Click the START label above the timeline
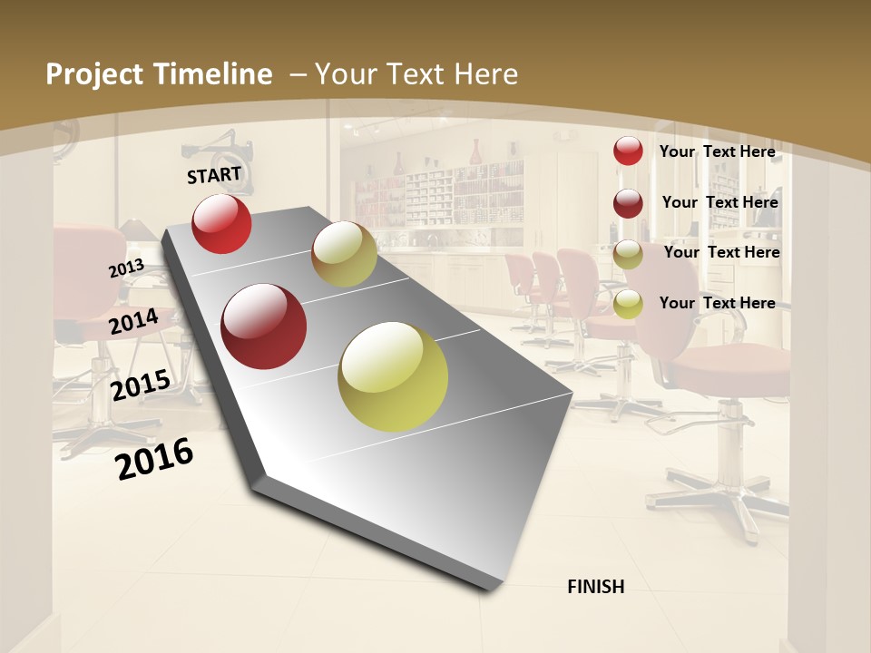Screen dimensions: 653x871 pos(214,174)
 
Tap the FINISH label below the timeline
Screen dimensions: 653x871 pos(596,587)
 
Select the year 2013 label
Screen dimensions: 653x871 pos(126,268)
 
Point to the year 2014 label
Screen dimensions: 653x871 pos(133,321)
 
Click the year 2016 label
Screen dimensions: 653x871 pos(154,458)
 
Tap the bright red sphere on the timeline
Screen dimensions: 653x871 pos(221,223)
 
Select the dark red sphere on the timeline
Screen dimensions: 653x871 pos(263,326)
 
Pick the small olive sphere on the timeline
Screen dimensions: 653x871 pos(344,254)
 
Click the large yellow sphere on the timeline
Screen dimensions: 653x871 pos(393,376)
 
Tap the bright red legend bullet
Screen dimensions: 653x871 pos(628,151)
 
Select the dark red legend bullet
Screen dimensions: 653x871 pos(628,203)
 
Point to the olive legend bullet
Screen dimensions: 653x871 pos(628,254)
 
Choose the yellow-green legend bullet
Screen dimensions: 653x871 pos(628,305)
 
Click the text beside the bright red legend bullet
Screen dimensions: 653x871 pos(717,151)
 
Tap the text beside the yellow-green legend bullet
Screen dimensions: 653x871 pos(717,303)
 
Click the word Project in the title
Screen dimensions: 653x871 pos(94,74)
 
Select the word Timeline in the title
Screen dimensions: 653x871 pos(219,74)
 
